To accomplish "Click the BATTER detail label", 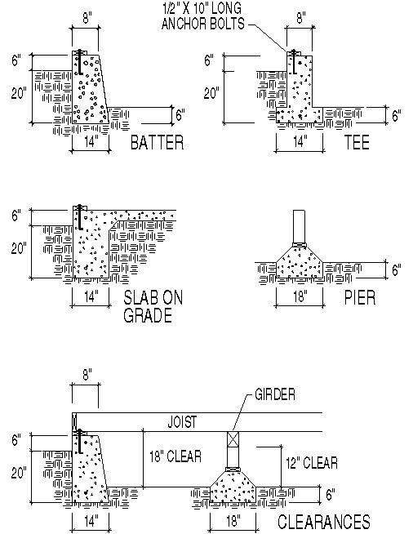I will [157, 144].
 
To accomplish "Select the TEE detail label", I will [357, 144].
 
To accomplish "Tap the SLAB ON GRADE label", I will [153, 307].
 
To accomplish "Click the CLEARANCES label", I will [324, 522].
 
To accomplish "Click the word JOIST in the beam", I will [184, 422].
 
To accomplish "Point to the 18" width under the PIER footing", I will [300, 296].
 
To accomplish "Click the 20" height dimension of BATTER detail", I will [18, 93].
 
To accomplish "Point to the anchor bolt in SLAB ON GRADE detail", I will [79, 217].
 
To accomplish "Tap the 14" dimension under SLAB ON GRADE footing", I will [89, 295].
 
